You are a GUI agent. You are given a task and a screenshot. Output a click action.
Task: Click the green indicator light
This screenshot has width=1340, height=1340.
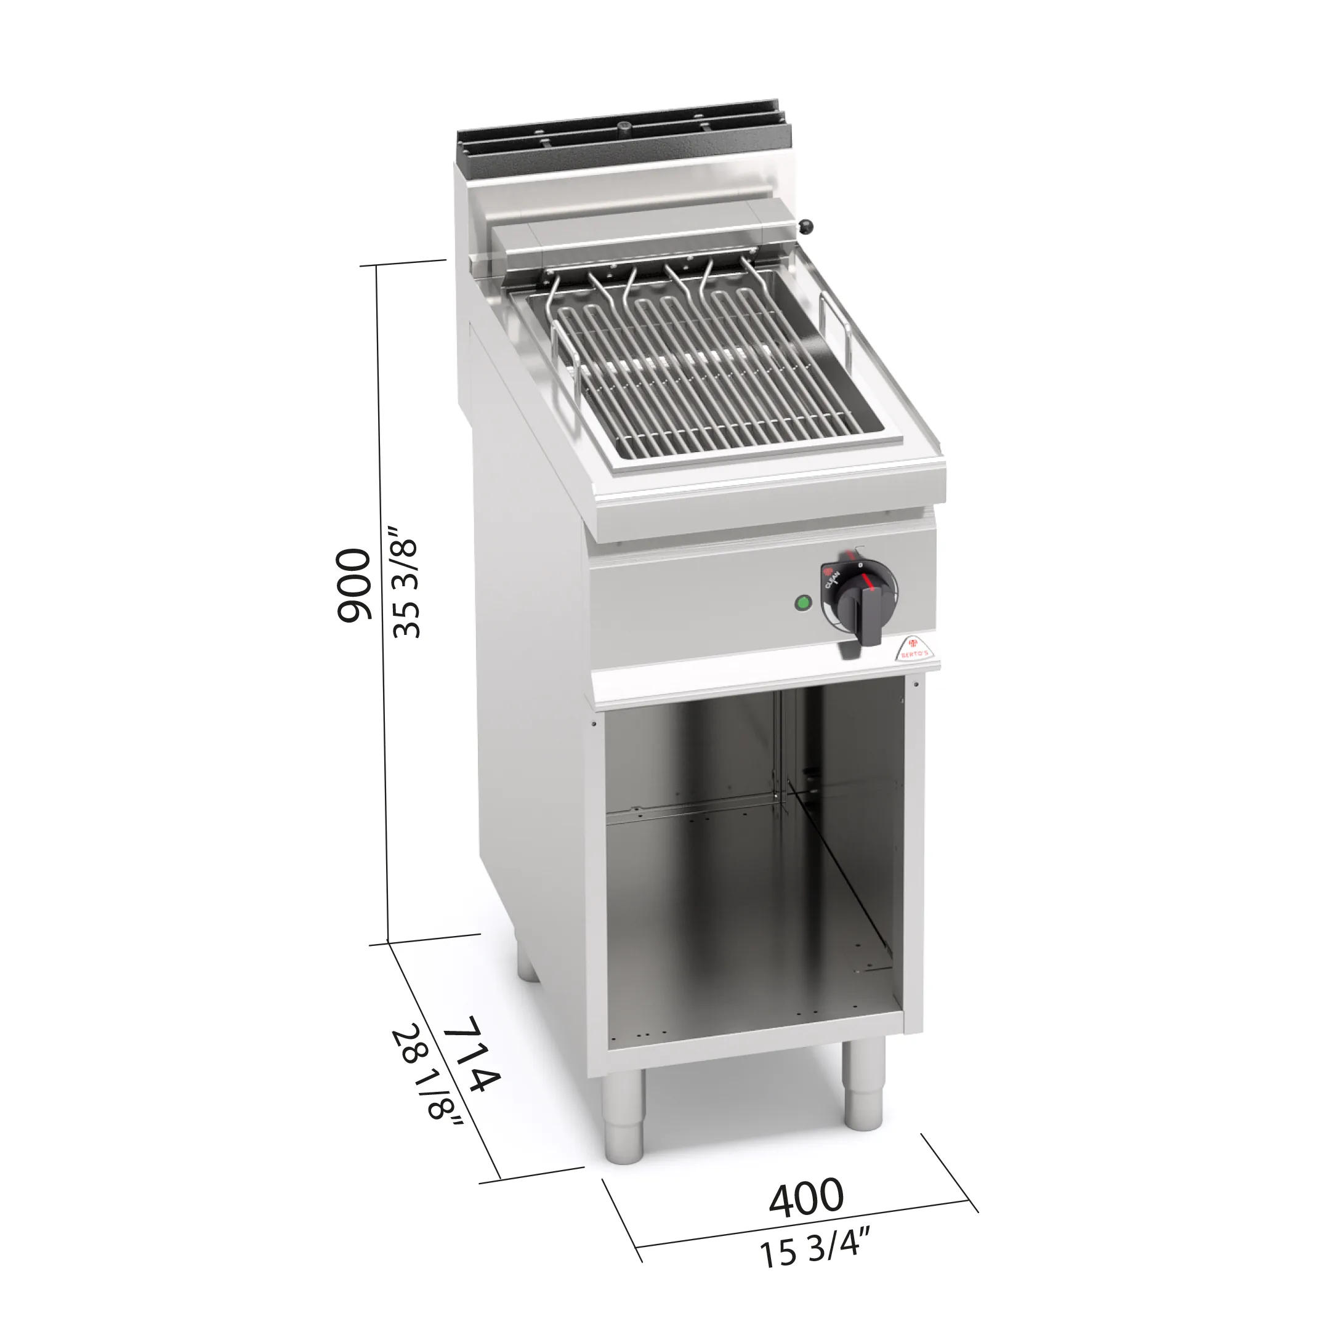(x=803, y=603)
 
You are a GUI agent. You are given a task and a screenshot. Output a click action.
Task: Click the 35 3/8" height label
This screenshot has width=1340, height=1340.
(x=405, y=582)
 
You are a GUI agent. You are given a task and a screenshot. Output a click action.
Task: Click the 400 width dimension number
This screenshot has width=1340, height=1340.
(x=807, y=1198)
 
